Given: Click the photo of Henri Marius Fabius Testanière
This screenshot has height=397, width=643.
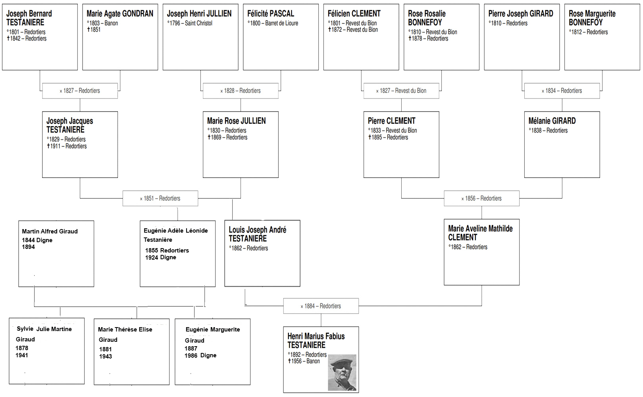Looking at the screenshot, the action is [x=342, y=372].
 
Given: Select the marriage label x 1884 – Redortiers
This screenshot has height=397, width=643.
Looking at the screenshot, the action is [x=321, y=306].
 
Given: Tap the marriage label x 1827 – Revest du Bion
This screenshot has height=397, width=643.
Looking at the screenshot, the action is [x=401, y=91].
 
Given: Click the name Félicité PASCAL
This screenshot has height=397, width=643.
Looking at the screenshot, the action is [x=271, y=13].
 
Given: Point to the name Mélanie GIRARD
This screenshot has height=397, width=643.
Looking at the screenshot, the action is [x=552, y=121].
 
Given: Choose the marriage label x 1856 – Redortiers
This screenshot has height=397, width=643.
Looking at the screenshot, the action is [x=481, y=198].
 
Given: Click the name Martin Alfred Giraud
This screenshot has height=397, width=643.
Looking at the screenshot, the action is [x=50, y=231].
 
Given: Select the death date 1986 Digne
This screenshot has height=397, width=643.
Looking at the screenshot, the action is [x=200, y=356].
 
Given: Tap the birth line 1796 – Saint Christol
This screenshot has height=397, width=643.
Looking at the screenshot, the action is [x=190, y=23].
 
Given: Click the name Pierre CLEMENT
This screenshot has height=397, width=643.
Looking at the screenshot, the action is [x=391, y=121].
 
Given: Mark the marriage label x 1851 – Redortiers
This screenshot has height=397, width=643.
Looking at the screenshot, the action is [x=160, y=198].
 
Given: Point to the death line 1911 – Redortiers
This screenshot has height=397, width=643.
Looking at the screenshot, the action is [x=67, y=146].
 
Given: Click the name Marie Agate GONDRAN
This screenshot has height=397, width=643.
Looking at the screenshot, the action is [x=120, y=13].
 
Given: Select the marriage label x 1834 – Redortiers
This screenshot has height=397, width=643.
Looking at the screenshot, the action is [x=562, y=91].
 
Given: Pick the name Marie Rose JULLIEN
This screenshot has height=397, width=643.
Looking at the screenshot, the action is [x=237, y=121].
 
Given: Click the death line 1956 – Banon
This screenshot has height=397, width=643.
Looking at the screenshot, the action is [x=304, y=361].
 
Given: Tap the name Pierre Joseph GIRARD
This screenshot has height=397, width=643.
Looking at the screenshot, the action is [x=521, y=13].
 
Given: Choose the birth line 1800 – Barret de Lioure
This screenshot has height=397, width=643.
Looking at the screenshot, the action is [x=273, y=23].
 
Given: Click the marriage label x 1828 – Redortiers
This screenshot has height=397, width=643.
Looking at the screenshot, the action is [x=240, y=91].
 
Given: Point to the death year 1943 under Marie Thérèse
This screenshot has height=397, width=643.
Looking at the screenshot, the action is [x=105, y=357].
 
